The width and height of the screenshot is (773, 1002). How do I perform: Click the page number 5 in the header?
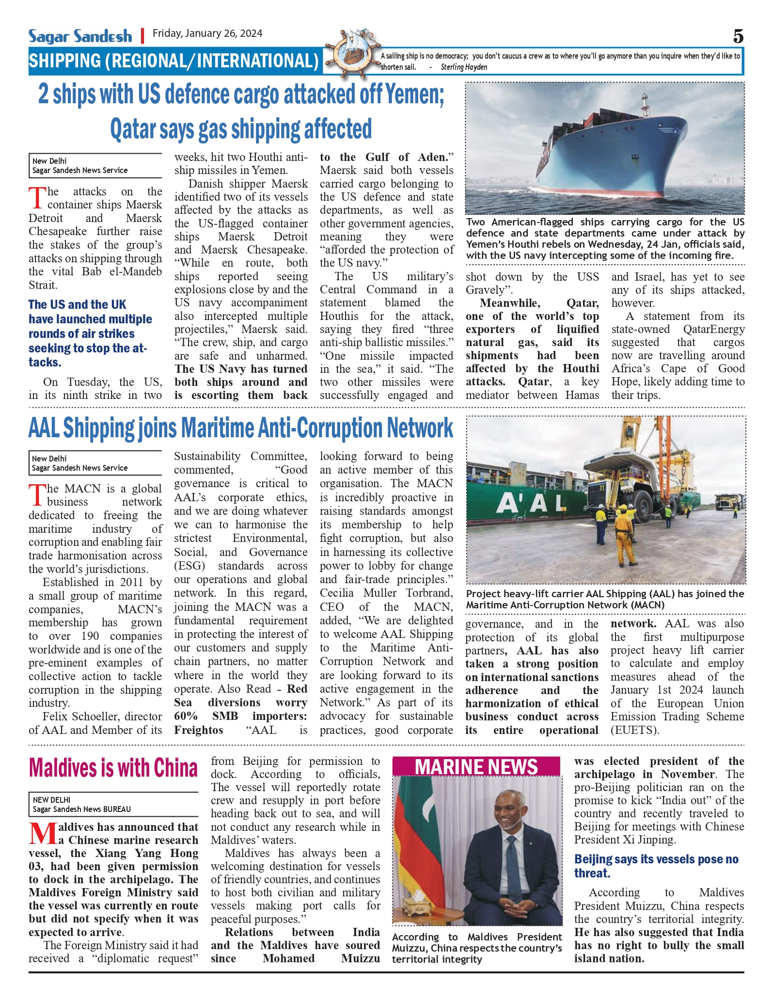click(x=738, y=36)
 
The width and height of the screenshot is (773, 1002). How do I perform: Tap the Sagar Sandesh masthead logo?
click(x=80, y=36)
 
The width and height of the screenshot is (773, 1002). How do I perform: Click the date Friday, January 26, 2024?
click(x=207, y=33)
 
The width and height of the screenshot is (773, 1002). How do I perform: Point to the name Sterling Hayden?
click(x=464, y=67)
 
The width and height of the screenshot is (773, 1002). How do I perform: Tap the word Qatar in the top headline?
click(x=133, y=129)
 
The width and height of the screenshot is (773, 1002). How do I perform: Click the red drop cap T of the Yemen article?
click(x=37, y=198)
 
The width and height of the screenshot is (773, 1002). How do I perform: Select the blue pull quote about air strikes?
click(x=91, y=333)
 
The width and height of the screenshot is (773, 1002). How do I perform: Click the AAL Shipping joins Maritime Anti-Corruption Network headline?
click(x=241, y=428)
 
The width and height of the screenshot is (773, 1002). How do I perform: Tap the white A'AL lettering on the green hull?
click(x=531, y=504)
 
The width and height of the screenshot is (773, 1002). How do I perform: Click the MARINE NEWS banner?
click(x=476, y=767)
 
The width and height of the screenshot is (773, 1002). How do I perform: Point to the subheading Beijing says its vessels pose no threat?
click(x=656, y=866)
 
